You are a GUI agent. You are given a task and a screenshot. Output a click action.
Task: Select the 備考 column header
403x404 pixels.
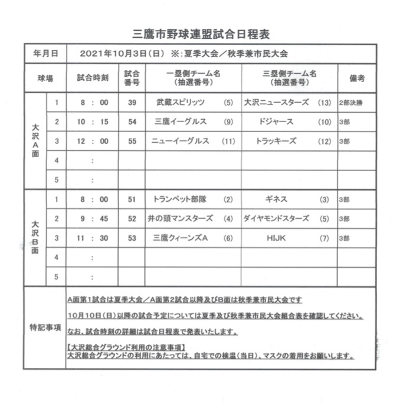(356, 78)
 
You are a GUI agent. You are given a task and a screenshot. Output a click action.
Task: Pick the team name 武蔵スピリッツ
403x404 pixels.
(181, 103)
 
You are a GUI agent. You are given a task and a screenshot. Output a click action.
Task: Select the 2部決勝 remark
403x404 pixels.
(353, 103)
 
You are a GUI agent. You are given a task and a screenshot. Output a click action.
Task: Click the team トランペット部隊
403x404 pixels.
(176, 199)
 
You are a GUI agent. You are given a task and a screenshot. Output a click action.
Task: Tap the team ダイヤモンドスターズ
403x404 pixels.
(276, 219)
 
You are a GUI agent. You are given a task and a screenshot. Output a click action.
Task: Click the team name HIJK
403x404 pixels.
(276, 238)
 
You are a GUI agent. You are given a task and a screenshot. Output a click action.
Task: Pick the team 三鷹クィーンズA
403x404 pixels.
(179, 238)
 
